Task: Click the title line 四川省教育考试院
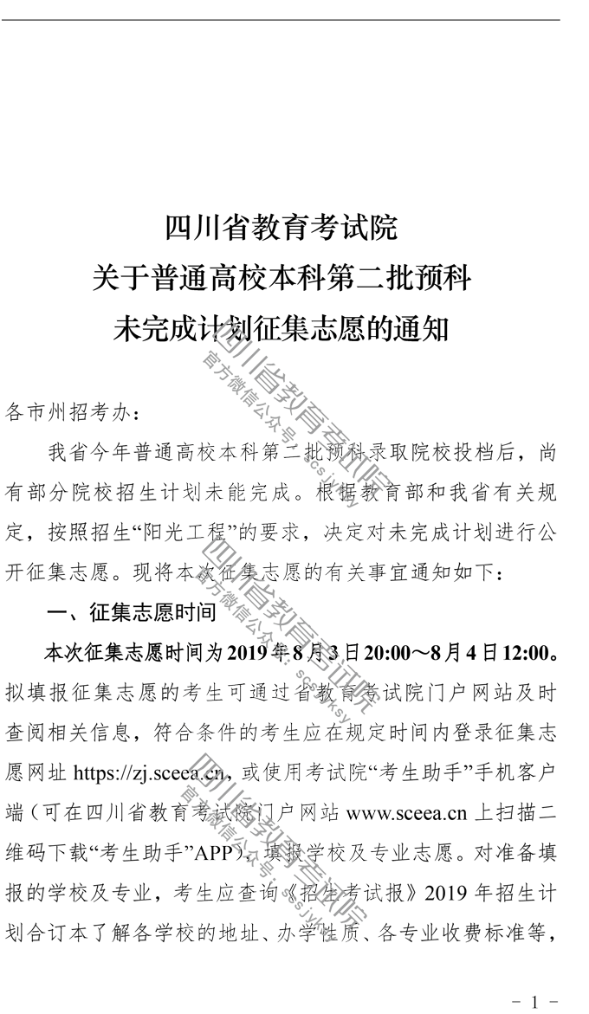coord(281,228)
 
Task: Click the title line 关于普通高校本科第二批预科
coord(281,279)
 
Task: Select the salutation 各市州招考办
coord(68,413)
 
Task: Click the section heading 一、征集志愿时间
coord(132,611)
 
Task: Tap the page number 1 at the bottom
coord(534,1002)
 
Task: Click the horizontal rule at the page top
coord(281,19)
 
